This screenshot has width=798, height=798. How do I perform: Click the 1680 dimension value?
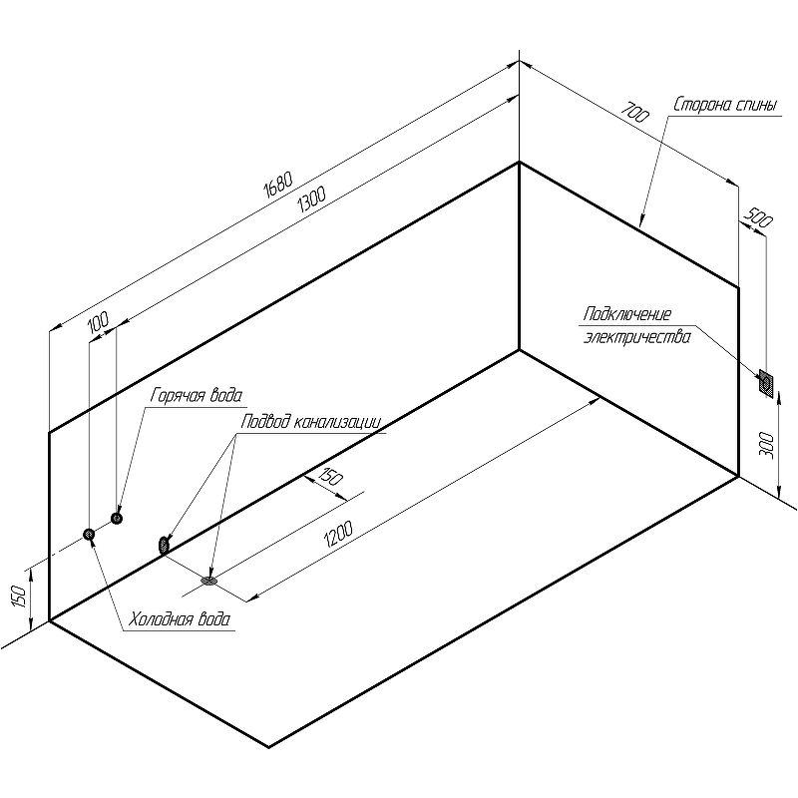click(x=278, y=184)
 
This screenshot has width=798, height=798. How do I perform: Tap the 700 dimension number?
click(x=634, y=113)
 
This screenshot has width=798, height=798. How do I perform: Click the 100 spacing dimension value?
click(x=97, y=321)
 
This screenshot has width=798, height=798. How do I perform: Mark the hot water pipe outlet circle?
click(x=117, y=518)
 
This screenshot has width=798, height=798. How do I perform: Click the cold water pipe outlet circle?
click(x=90, y=535)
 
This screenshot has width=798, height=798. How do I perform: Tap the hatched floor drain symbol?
click(x=210, y=579)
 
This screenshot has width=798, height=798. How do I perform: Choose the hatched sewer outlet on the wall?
click(x=163, y=545)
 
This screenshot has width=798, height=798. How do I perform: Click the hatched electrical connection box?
click(x=766, y=382)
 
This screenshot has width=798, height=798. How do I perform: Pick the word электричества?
click(x=636, y=337)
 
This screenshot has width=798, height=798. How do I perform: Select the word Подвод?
click(x=264, y=422)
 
